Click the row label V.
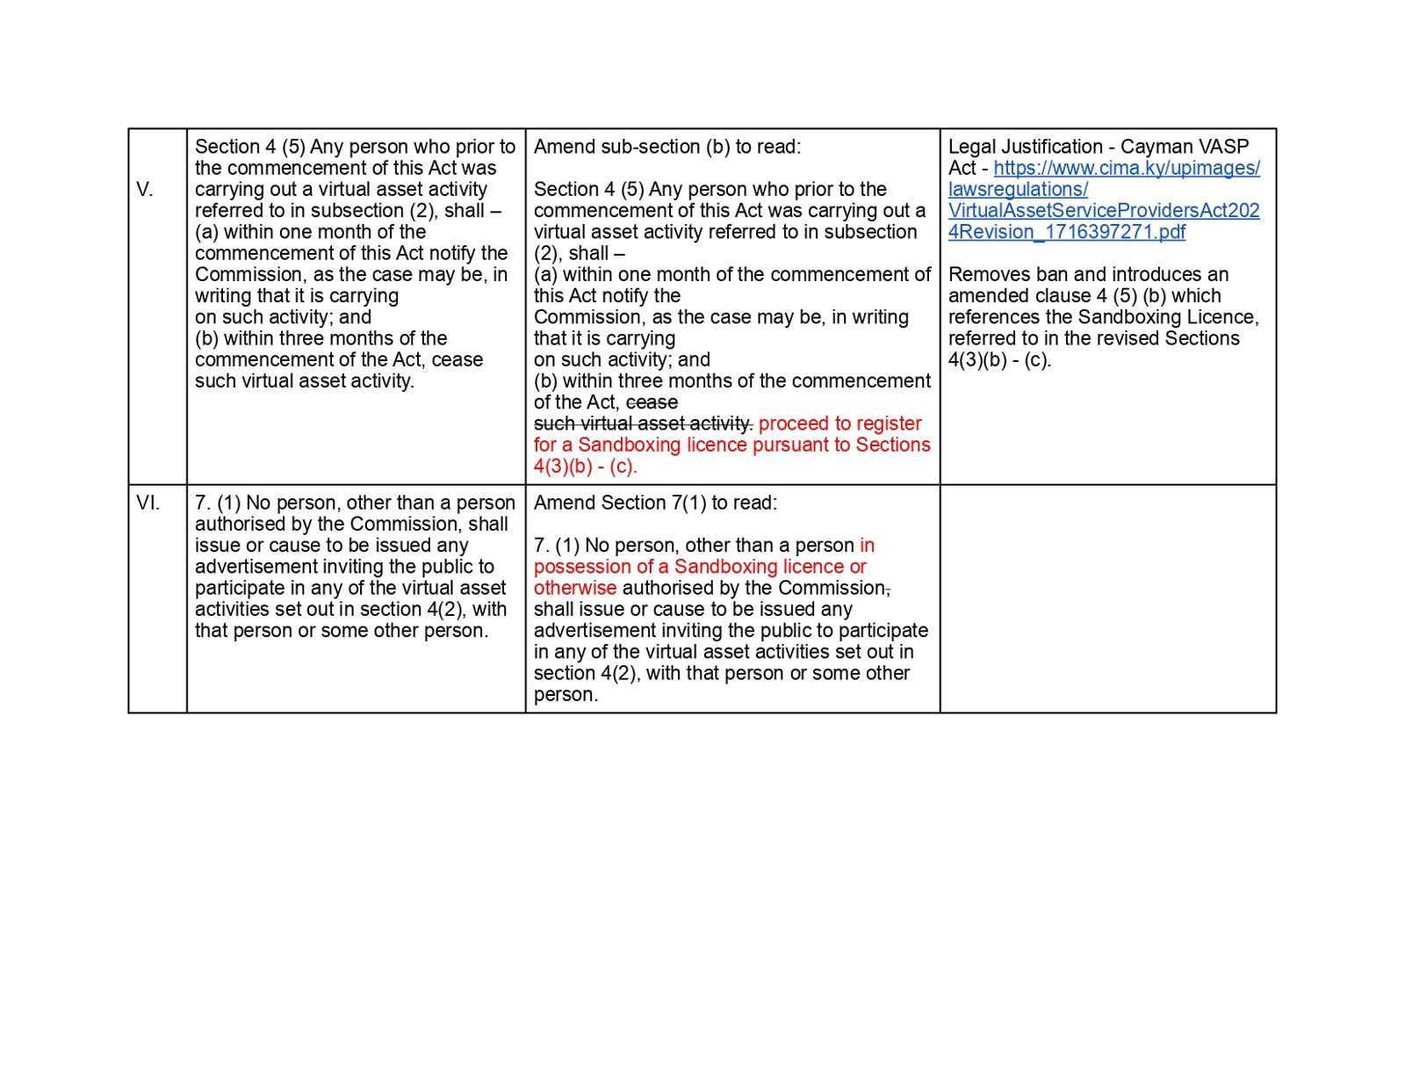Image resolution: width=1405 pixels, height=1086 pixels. [x=145, y=190]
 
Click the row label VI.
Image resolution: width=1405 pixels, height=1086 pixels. [x=148, y=503]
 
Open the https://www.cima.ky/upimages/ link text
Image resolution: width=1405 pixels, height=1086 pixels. [x=1127, y=168]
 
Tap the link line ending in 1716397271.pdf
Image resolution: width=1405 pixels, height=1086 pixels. [x=1066, y=232]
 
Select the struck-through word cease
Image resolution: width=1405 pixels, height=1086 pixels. [x=652, y=402]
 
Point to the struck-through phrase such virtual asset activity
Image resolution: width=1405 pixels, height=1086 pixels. [x=643, y=424]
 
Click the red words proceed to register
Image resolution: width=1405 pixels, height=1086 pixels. [x=839, y=424]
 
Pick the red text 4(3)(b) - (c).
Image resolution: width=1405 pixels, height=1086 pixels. [x=585, y=467]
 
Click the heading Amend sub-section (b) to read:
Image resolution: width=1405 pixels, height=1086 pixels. [x=667, y=147]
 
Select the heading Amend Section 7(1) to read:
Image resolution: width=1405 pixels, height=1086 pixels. [x=655, y=503]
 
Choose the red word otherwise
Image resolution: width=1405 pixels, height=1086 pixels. [x=575, y=588]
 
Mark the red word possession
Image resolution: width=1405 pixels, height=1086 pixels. [x=576, y=567]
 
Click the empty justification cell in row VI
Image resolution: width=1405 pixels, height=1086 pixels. [x=1107, y=597]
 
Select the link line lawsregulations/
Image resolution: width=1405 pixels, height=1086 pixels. [x=1018, y=190]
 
